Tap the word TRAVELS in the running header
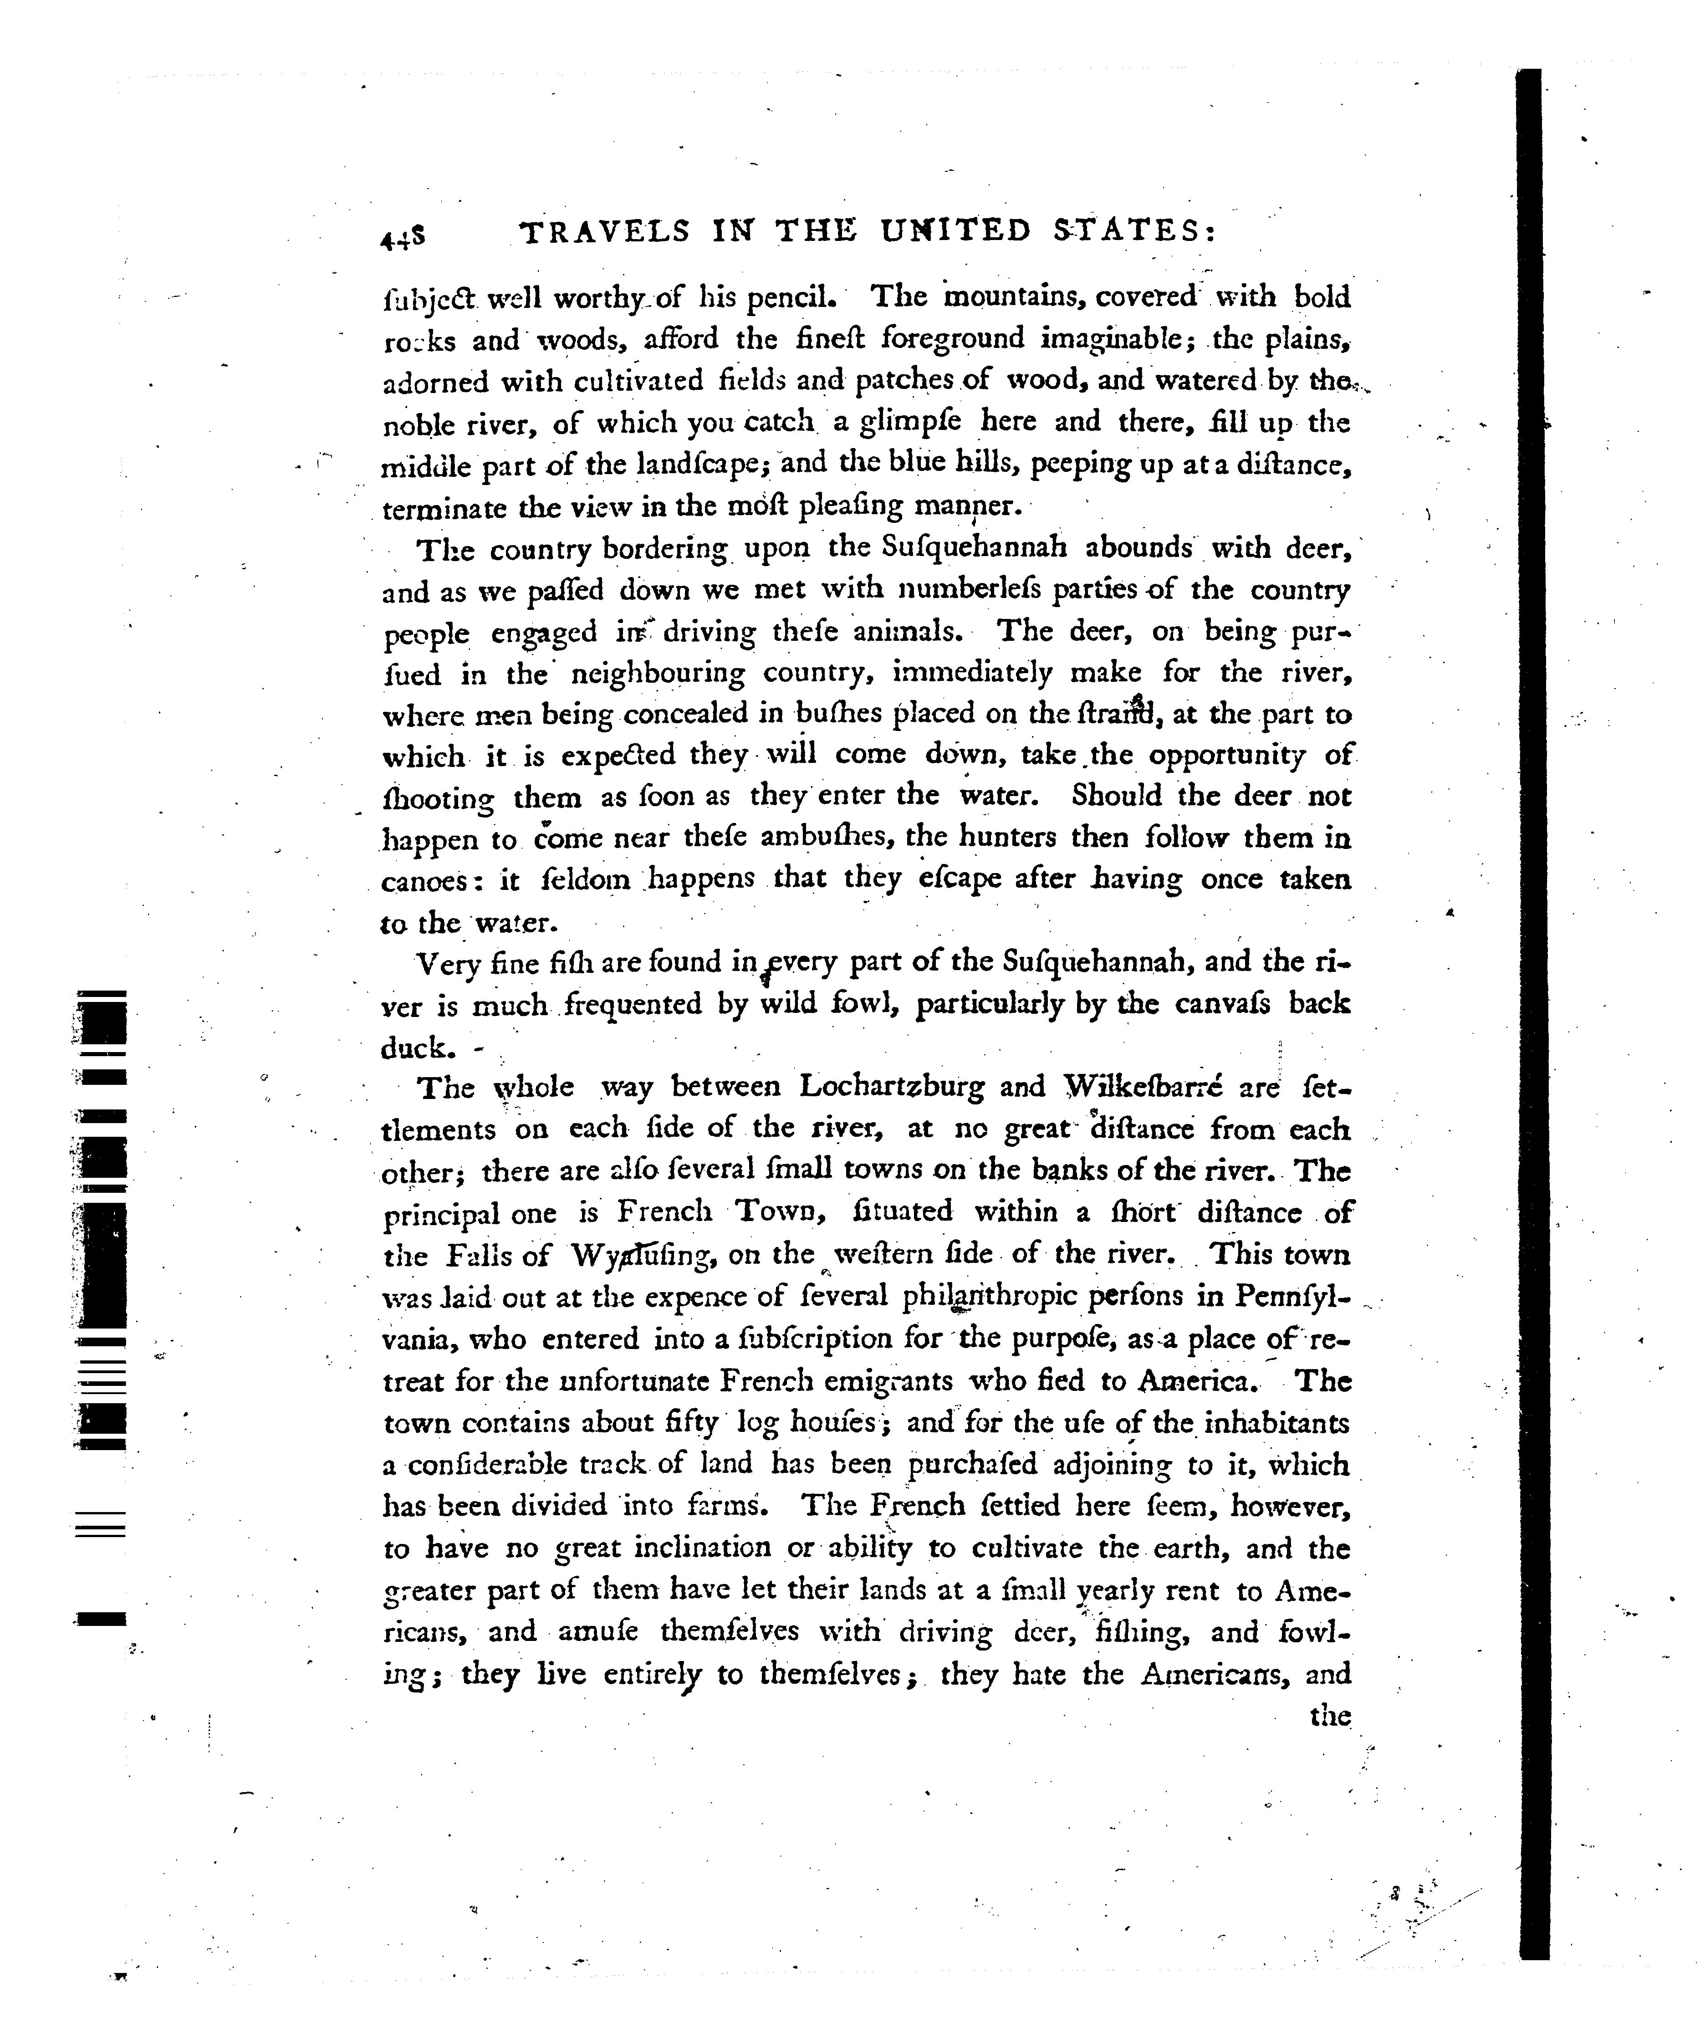pos(605,231)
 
